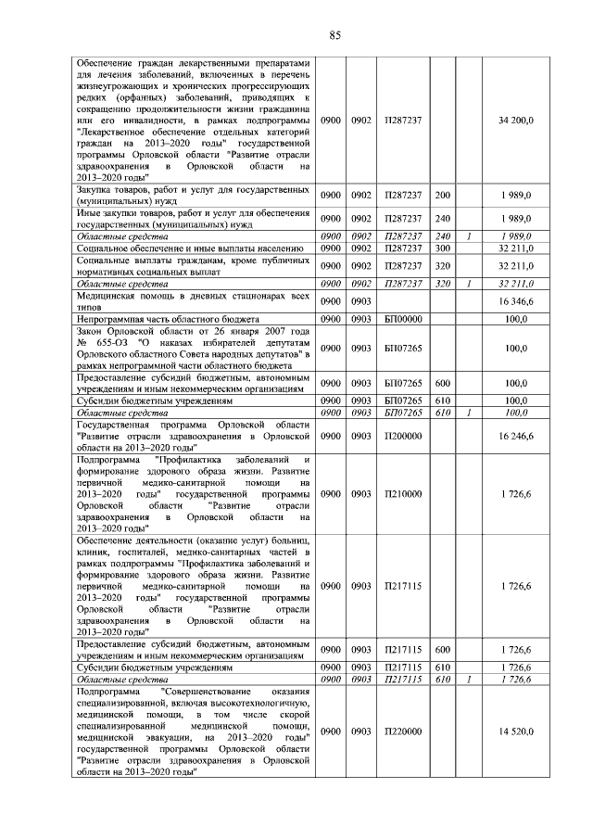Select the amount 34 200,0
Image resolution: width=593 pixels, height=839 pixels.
click(514, 121)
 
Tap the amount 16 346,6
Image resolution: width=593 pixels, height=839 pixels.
click(514, 302)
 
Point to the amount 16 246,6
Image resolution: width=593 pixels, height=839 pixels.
click(514, 433)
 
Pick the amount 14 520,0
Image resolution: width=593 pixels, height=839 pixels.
click(514, 731)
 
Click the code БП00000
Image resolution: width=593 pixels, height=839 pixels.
click(402, 319)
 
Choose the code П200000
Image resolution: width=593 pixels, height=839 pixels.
click(402, 433)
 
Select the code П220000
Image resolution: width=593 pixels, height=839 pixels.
click(402, 731)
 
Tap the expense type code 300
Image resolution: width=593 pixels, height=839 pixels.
click(442, 249)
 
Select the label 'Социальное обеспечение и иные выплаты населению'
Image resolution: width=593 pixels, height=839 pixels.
click(190, 249)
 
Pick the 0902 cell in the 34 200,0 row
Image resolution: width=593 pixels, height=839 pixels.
click(360, 121)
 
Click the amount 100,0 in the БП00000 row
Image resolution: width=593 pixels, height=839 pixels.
click(516, 319)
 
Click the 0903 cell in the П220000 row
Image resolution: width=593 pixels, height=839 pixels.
click(360, 731)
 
